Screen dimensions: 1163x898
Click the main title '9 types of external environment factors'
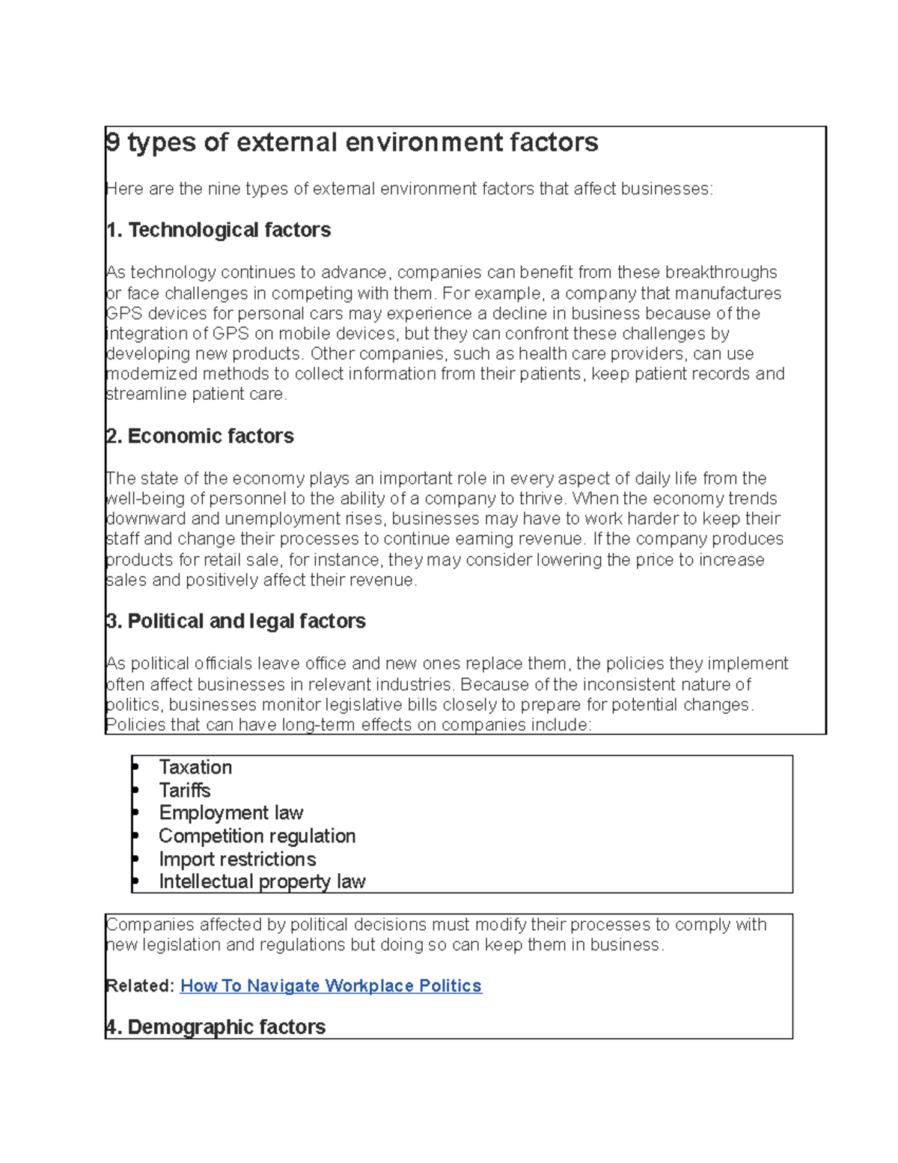pyautogui.click(x=352, y=142)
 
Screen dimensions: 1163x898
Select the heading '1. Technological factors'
pyautogui.click(x=219, y=230)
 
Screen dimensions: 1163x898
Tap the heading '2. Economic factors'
pyautogui.click(x=200, y=436)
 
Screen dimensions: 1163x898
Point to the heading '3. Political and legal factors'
pyautogui.click(x=236, y=621)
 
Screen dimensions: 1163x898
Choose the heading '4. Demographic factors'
pyautogui.click(x=216, y=1027)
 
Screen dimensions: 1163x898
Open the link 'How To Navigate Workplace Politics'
pyautogui.click(x=331, y=986)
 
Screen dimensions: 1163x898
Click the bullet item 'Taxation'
pyautogui.click(x=195, y=767)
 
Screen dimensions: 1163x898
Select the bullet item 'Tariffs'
pyautogui.click(x=184, y=790)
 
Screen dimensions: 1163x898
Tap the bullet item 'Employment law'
pyautogui.click(x=230, y=813)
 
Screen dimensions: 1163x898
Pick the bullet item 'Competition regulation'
pyautogui.click(x=257, y=836)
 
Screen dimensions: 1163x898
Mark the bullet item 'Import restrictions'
pyautogui.click(x=237, y=859)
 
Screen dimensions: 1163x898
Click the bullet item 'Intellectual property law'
pyautogui.click(x=262, y=881)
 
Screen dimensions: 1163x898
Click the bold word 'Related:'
pyautogui.click(x=140, y=986)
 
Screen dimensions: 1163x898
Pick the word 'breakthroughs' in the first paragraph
pyautogui.click(x=721, y=272)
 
